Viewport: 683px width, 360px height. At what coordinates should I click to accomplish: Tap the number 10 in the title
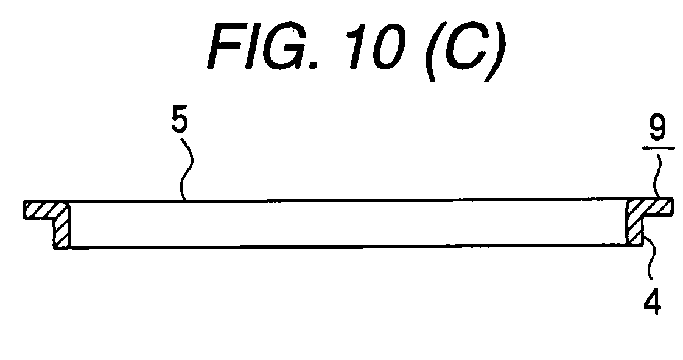[x=376, y=46]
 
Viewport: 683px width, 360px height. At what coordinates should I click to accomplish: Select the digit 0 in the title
[x=388, y=47]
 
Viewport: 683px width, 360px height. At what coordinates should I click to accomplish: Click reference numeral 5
[x=180, y=119]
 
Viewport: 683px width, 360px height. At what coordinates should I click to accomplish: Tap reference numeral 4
[x=653, y=301]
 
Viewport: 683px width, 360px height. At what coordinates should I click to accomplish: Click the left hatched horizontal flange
[x=46, y=210]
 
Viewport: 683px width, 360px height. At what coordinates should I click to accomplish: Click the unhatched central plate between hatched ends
[x=348, y=223]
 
